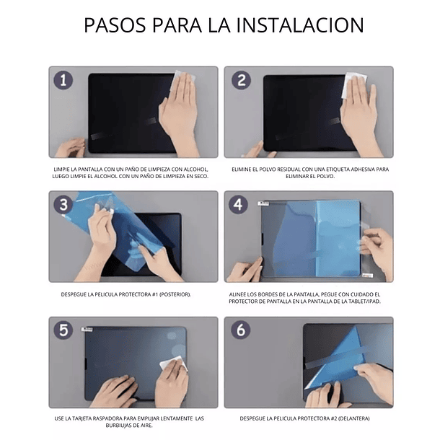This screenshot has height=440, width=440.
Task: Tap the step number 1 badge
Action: [63, 80]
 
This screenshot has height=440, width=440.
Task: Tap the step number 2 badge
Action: [240, 80]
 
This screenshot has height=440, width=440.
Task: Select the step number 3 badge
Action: [63, 204]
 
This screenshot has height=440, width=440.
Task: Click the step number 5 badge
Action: [63, 330]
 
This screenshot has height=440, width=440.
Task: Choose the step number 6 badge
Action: [240, 330]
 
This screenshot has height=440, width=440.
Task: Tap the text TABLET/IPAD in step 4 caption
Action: [364, 301]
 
